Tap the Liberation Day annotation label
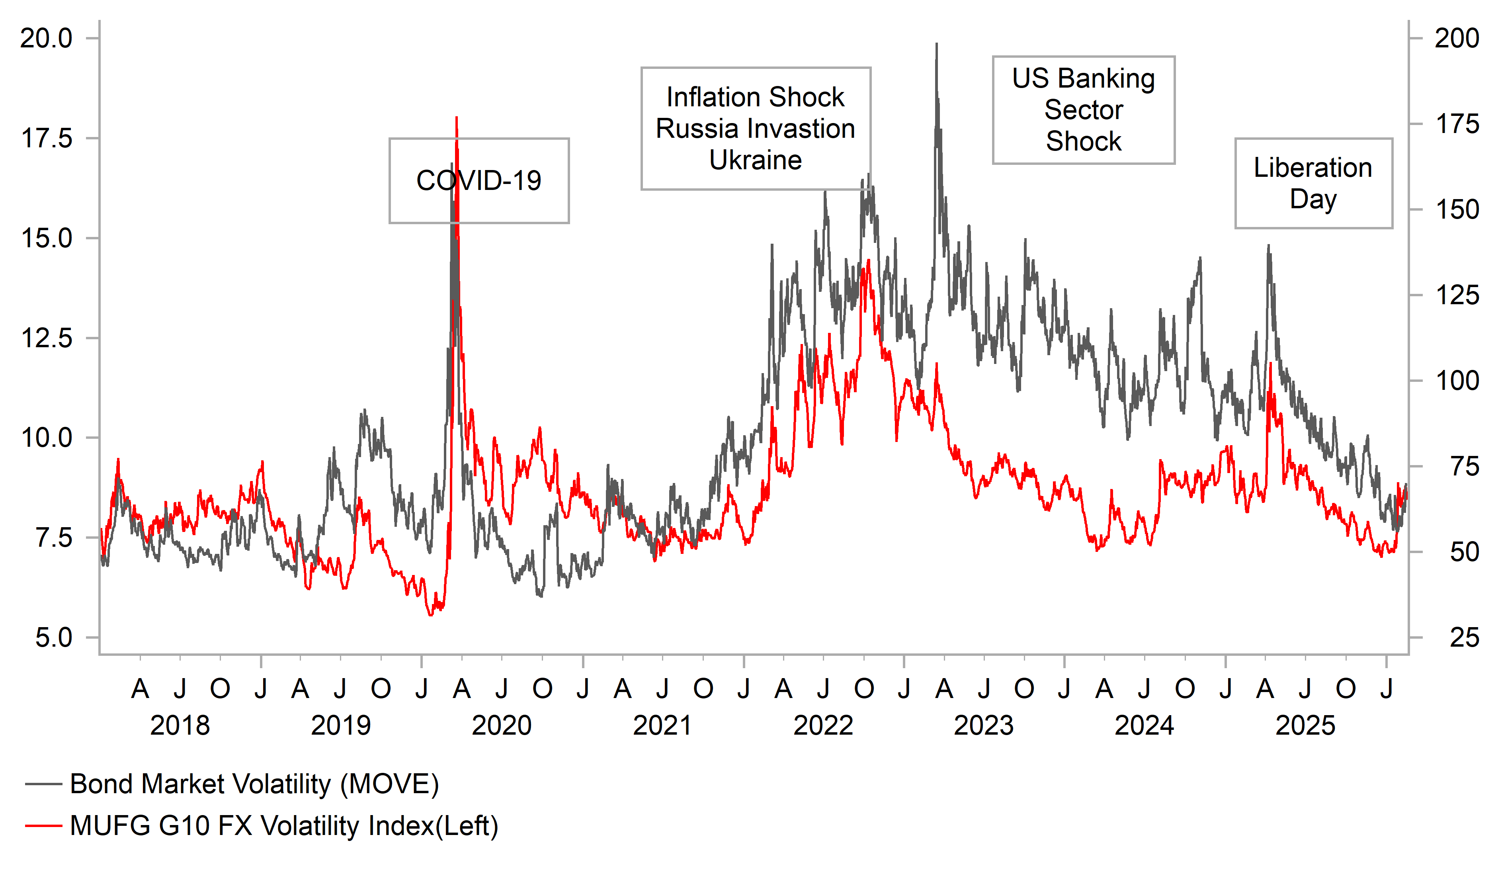tap(1312, 183)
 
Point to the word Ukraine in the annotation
tap(755, 160)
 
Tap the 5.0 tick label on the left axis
tap(54, 638)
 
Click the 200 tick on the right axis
tap(1456, 38)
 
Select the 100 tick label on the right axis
tap(1456, 381)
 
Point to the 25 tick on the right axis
tap(1464, 638)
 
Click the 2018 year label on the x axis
tap(180, 725)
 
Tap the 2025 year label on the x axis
tap(1305, 725)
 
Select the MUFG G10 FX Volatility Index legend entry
tap(283, 825)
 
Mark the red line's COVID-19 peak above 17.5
tap(457, 118)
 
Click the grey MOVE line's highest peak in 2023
tap(936, 44)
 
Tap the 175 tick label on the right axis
tap(1456, 124)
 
